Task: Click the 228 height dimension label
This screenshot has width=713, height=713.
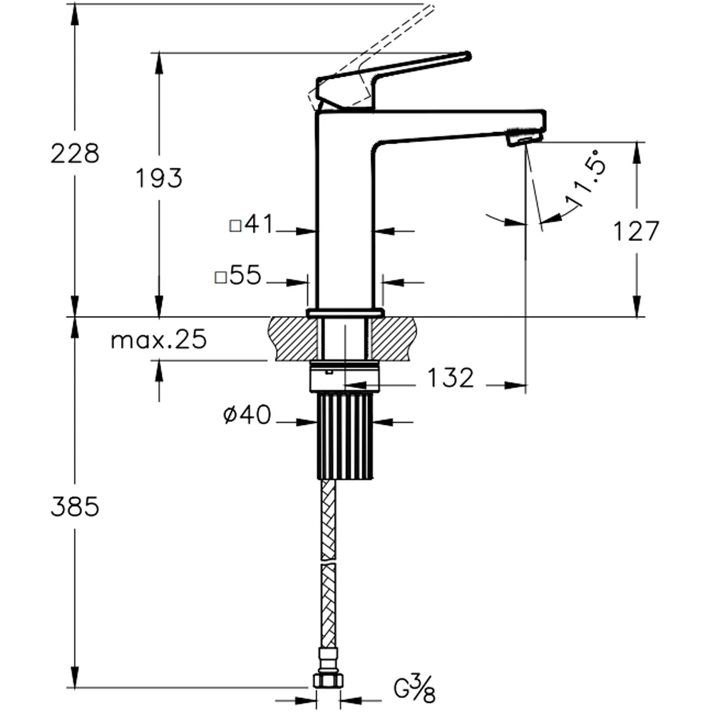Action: pyautogui.click(x=75, y=154)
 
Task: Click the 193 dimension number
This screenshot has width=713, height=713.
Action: pyautogui.click(x=159, y=178)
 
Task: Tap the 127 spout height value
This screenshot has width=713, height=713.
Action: pyautogui.click(x=636, y=231)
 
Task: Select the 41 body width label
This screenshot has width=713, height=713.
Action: pyautogui.click(x=260, y=224)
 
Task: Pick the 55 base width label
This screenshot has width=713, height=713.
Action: pyautogui.click(x=245, y=275)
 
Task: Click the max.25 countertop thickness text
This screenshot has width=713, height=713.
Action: pyautogui.click(x=159, y=339)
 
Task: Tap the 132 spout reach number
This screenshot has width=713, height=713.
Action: pyautogui.click(x=451, y=378)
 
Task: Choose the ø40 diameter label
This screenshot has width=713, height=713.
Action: pyautogui.click(x=247, y=415)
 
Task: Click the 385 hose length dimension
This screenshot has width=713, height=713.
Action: pyautogui.click(x=75, y=506)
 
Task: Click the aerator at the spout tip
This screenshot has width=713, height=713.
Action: pyautogui.click(x=525, y=137)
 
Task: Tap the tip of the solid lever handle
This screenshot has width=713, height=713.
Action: pyautogui.click(x=468, y=56)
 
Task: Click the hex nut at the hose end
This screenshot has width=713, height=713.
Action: pyautogui.click(x=328, y=681)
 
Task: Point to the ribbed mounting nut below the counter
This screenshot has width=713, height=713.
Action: pyautogui.click(x=345, y=436)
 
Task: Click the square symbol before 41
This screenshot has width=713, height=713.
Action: pyautogui.click(x=235, y=226)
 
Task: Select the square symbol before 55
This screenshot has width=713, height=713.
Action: pyautogui.click(x=220, y=277)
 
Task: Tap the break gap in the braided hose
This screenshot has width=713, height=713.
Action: pyautogui.click(x=328, y=562)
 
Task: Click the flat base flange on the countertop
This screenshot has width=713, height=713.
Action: pyautogui.click(x=345, y=313)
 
